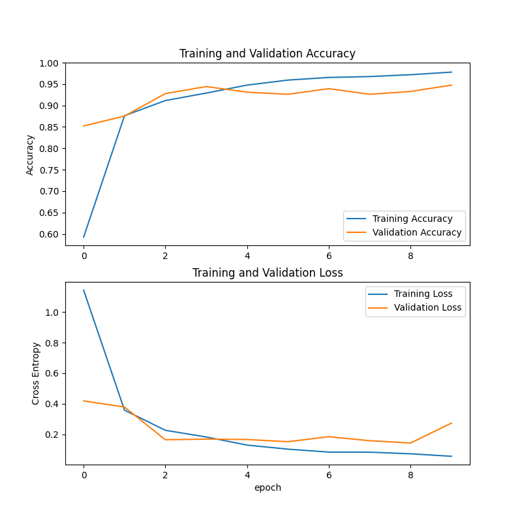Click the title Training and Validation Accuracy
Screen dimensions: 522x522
pos(268,54)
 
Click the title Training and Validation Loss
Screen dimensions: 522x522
pos(268,273)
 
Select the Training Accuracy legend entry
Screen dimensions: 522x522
pos(412,219)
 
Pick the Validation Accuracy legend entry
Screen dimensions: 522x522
pos(417,232)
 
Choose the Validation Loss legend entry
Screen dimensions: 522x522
pos(427,307)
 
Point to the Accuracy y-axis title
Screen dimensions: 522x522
pos(30,155)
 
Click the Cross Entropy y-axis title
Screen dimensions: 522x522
pos(36,373)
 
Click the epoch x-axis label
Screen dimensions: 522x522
pos(268,487)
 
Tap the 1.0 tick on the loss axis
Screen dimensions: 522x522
pos(52,313)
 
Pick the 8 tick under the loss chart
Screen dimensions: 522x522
pos(410,476)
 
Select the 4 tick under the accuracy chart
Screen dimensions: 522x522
pos(247,256)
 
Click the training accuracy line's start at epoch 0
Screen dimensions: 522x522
pos(84,237)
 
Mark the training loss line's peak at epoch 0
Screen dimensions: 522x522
pos(84,290)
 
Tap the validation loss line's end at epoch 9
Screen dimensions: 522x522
pos(452,423)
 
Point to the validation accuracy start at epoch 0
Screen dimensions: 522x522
pos(84,126)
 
